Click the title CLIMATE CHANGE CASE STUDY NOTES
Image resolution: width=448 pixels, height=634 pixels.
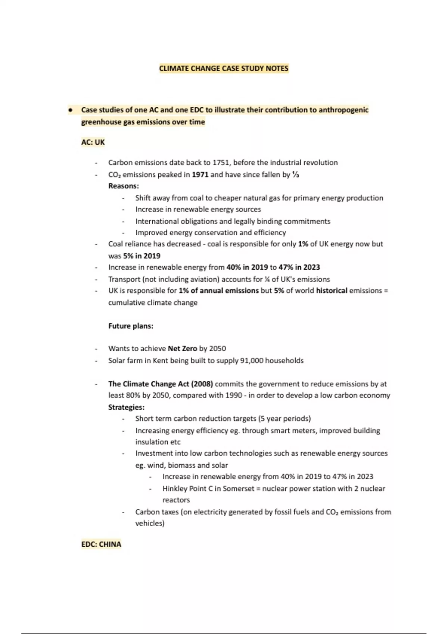pyautogui.click(x=224, y=69)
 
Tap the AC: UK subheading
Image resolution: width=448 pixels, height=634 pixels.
pyautogui.click(x=93, y=142)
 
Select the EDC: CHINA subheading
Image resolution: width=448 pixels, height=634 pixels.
pyautogui.click(x=101, y=544)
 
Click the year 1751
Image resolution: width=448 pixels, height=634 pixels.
pyautogui.click(x=222, y=163)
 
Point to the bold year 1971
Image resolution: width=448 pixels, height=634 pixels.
pyautogui.click(x=200, y=175)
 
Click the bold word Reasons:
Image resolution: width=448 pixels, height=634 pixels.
pyautogui.click(x=124, y=186)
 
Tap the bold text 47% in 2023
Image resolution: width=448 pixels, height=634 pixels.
pyautogui.click(x=299, y=267)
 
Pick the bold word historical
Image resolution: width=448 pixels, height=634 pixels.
pyautogui.click(x=332, y=291)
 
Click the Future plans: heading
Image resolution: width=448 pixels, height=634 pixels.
pyautogui.click(x=131, y=326)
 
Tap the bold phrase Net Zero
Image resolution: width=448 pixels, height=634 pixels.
pyautogui.click(x=182, y=349)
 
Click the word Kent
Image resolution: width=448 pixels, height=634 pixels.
pyautogui.click(x=161, y=361)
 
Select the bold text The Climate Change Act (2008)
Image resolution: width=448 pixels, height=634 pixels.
pyautogui.click(x=161, y=384)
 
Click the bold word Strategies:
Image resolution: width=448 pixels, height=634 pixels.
pyautogui.click(x=126, y=407)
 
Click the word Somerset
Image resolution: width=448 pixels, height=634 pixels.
pyautogui.click(x=238, y=489)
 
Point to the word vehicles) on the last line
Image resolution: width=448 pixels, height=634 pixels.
pyautogui.click(x=150, y=523)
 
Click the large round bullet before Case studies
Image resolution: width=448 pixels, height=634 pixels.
pyautogui.click(x=70, y=110)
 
